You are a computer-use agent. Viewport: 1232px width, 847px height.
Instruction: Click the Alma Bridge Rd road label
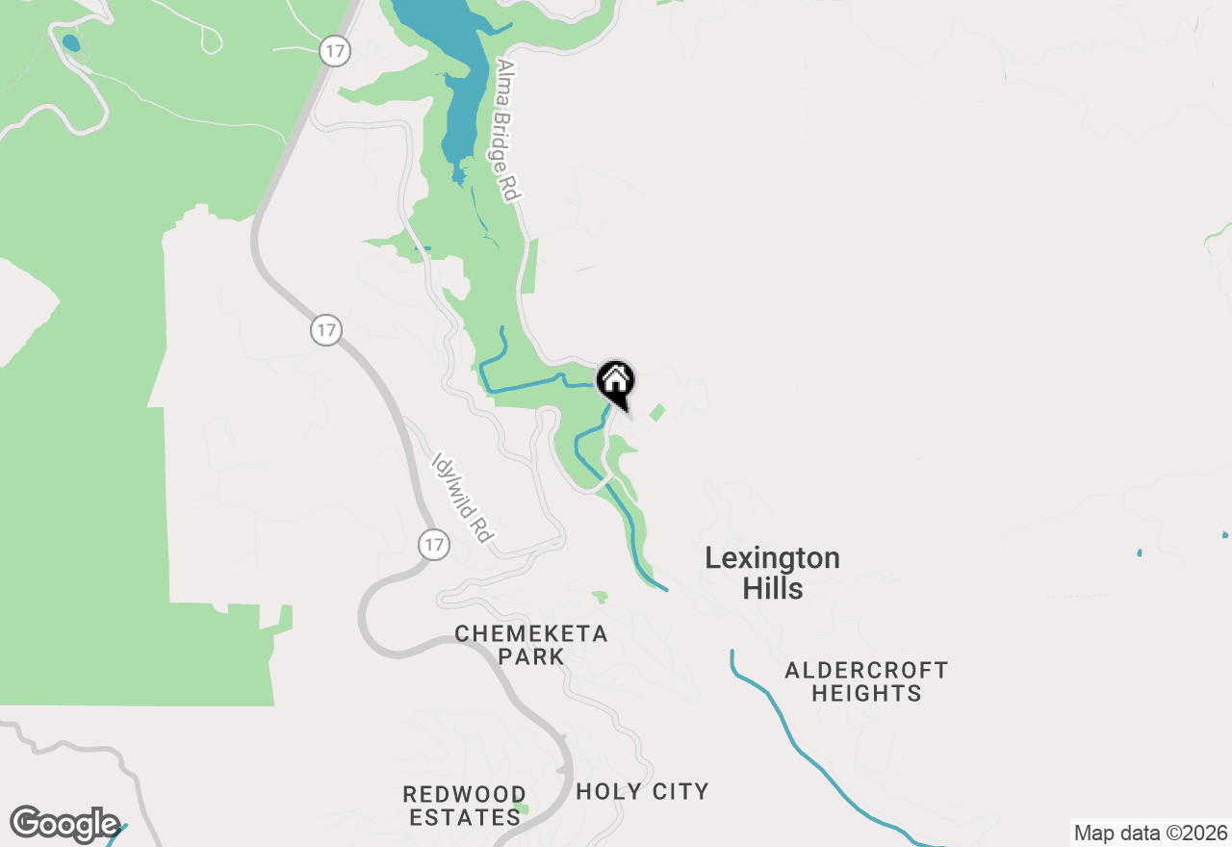coord(507,130)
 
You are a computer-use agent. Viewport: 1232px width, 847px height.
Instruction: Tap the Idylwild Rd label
coord(463,498)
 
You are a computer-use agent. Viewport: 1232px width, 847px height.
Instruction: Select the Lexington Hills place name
coord(772,573)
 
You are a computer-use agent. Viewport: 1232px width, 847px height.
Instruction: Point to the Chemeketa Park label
coord(531,645)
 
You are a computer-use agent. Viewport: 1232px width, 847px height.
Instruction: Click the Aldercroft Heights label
coord(866,681)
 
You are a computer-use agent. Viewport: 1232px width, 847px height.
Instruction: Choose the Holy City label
coord(642,792)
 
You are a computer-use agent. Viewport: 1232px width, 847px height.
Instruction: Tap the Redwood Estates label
coord(463,807)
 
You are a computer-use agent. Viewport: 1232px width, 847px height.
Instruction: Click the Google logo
coord(64,825)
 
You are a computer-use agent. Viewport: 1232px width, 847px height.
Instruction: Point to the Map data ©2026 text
coord(1150,833)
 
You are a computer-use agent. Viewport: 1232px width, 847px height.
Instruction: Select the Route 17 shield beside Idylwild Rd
coord(434,545)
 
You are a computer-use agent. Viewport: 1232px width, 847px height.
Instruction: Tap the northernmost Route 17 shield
coord(334,52)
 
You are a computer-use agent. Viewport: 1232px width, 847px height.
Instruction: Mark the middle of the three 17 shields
coord(326,331)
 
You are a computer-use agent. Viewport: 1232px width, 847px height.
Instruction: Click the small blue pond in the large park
coord(71,43)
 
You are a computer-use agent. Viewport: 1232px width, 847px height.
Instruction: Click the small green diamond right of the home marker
coord(657,412)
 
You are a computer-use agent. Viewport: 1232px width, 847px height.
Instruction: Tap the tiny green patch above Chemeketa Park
coord(601,598)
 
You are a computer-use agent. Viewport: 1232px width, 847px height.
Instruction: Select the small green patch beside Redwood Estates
coord(521,808)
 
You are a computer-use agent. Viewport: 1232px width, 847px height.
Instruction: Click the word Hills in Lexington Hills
coord(773,589)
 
